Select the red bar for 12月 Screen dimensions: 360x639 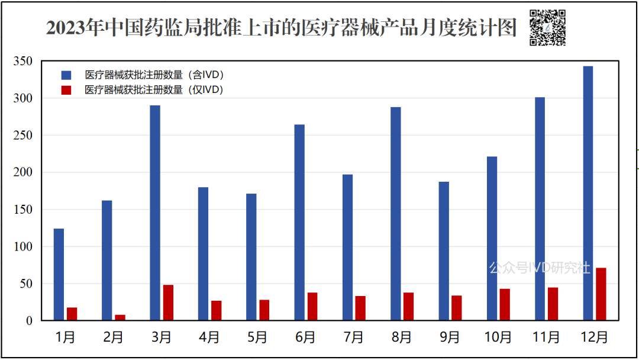pyautogui.click(x=601, y=294)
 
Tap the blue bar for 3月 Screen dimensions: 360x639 pyautogui.click(x=155, y=213)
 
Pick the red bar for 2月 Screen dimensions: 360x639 pyautogui.click(x=120, y=317)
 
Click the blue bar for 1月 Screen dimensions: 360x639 pyautogui.click(x=59, y=274)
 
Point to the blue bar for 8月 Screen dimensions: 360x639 pyautogui.click(x=396, y=214)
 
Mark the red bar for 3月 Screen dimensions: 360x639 pyautogui.click(x=168, y=303)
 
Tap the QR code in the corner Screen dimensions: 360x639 pyautogui.click(x=547, y=27)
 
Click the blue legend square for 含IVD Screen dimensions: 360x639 pyautogui.click(x=66, y=75)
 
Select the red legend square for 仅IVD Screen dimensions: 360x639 pyautogui.click(x=66, y=90)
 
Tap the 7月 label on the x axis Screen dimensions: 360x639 pyautogui.click(x=353, y=337)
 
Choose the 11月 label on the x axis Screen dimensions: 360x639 pyautogui.click(x=546, y=337)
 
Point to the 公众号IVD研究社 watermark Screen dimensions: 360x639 pyautogui.click(x=540, y=268)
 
